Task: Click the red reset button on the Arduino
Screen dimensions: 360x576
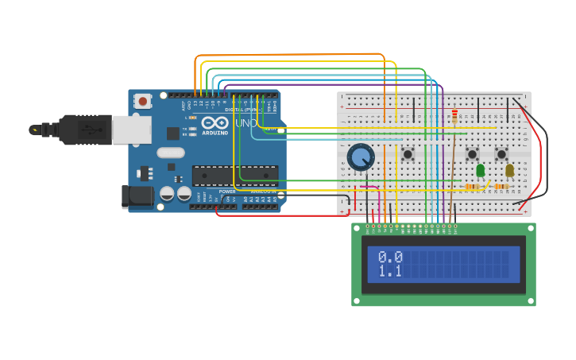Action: pyautogui.click(x=143, y=101)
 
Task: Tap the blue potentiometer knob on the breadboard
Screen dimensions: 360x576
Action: pyautogui.click(x=361, y=157)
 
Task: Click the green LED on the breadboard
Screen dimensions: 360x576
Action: pyautogui.click(x=480, y=169)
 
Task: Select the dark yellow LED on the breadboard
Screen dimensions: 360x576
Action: pyautogui.click(x=509, y=169)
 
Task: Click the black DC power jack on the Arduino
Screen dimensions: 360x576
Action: pyautogui.click(x=137, y=197)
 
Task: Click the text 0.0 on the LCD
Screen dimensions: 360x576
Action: pyautogui.click(x=390, y=257)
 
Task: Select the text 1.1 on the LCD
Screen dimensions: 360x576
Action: pyautogui.click(x=390, y=272)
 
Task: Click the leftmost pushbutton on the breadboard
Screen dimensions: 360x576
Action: pyautogui.click(x=408, y=153)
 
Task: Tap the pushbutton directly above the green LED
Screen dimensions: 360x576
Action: pyautogui.click(x=472, y=153)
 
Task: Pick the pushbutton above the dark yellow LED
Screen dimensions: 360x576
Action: pyautogui.click(x=501, y=153)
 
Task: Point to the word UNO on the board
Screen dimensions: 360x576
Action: pyautogui.click(x=245, y=124)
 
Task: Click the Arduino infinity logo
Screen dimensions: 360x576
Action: pyautogui.click(x=215, y=122)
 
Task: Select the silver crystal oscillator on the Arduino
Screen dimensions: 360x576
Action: pyautogui.click(x=170, y=153)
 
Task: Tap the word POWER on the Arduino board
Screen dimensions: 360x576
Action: pyautogui.click(x=227, y=192)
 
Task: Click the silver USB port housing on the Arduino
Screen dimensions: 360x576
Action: pyautogui.click(x=131, y=130)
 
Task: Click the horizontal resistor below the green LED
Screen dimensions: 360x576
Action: pyautogui.click(x=474, y=188)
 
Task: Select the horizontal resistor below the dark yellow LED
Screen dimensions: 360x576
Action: pyautogui.click(x=501, y=188)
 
